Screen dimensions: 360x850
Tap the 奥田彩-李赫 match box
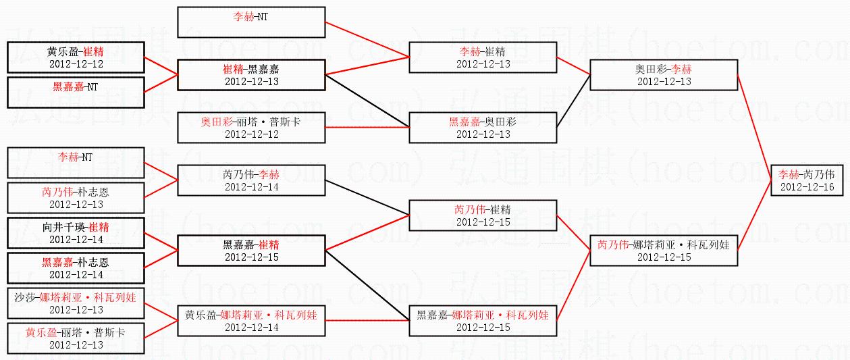[x=663, y=74]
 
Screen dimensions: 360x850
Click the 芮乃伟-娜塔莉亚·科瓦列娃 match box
[x=663, y=250]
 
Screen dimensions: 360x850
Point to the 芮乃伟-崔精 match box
[x=483, y=215]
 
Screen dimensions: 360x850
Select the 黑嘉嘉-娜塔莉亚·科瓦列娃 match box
[x=483, y=321]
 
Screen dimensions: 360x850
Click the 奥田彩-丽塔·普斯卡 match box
[x=251, y=128]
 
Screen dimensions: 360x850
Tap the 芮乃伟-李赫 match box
[x=251, y=180]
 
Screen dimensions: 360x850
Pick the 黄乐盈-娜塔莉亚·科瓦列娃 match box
[x=251, y=321]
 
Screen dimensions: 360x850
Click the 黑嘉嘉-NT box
[x=76, y=93]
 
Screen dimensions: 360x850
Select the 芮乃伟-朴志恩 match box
[x=76, y=198]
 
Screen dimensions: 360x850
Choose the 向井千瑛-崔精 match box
[x=76, y=233]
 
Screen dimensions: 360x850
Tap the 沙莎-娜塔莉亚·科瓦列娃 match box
[x=76, y=303]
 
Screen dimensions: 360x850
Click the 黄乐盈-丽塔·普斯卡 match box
[x=76, y=338]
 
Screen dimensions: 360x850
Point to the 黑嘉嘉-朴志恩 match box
[x=76, y=268]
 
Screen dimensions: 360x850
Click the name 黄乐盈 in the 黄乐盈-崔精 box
[x=62, y=52]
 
